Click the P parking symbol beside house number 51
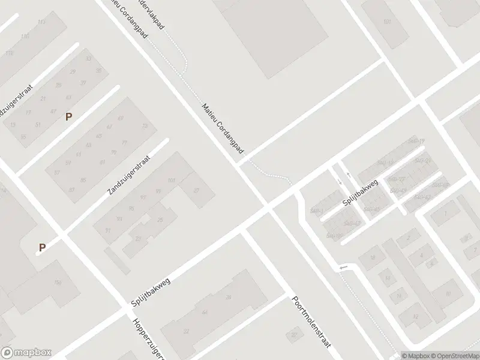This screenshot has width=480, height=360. point(68,116)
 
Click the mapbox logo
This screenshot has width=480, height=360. point(26,353)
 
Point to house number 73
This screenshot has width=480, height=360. point(144,125)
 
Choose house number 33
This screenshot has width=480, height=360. point(89,59)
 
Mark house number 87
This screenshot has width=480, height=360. point(72,190)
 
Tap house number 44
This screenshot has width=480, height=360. point(205,313)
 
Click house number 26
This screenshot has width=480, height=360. point(228,298)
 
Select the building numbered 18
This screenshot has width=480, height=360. point(372,257)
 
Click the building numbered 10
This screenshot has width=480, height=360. point(448,293)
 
